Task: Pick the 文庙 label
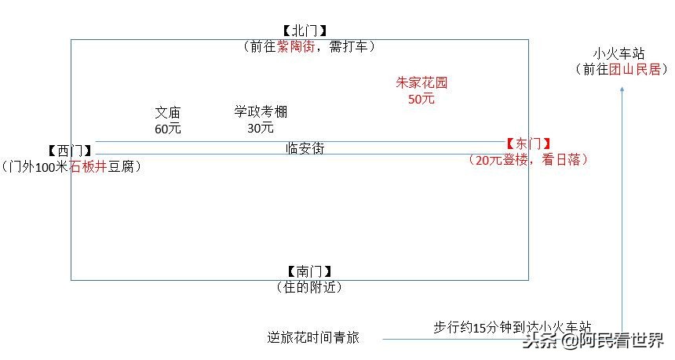point(168,114)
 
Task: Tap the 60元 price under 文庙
point(168,129)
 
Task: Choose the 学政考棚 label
point(261,112)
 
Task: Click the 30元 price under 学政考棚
point(261,127)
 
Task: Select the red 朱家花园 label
point(421,83)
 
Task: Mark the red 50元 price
point(421,99)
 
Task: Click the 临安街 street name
point(305,148)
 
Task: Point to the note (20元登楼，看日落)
point(528,159)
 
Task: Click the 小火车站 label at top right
point(619,54)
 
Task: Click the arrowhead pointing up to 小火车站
point(622,89)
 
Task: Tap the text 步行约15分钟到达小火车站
point(512,327)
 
